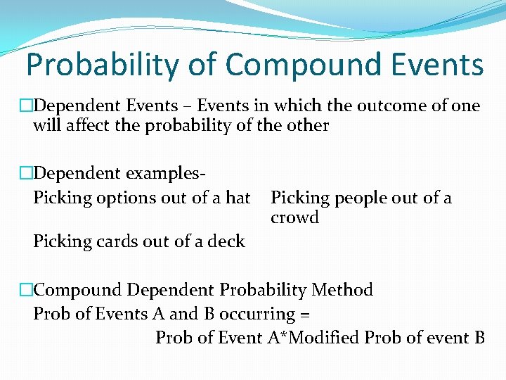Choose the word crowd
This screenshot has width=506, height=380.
coord(294,217)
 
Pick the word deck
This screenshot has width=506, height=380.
coord(226,241)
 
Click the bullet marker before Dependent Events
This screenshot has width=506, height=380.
coord(27,106)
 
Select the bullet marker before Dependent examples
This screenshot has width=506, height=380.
coord(27,173)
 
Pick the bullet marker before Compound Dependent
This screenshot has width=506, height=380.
coord(27,289)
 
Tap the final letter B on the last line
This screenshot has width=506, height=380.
coord(479,337)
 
